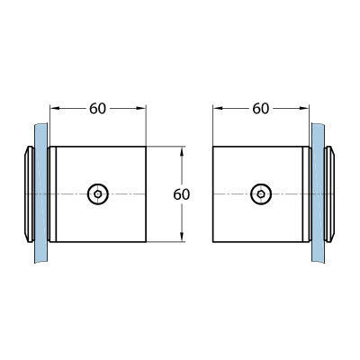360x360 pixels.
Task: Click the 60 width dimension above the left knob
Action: point(98,109)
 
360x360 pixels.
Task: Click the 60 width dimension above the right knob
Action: point(261,109)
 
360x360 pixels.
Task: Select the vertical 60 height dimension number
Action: point(182,194)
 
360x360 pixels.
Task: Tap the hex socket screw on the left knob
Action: point(98,194)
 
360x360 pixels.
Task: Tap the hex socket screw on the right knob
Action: point(261,194)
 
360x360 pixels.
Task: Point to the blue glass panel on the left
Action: point(41,193)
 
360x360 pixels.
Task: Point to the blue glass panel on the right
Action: point(318,193)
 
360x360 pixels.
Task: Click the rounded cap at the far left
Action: point(29,194)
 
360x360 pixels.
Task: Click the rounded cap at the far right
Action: point(329,194)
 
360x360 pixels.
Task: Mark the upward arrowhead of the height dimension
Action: point(182,151)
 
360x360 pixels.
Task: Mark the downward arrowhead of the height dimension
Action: point(182,237)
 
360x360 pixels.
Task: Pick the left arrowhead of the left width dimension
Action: point(55,108)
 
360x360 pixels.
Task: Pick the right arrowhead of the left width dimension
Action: point(140,108)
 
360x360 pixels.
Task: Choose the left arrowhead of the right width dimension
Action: point(218,108)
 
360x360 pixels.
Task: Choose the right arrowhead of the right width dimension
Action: point(303,108)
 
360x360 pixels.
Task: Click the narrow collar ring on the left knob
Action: point(53,194)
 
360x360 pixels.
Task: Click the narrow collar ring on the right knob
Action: point(306,194)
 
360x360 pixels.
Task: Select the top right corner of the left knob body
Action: point(146,147)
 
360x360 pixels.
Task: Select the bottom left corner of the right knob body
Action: point(213,242)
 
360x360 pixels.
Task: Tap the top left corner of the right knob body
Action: point(213,147)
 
